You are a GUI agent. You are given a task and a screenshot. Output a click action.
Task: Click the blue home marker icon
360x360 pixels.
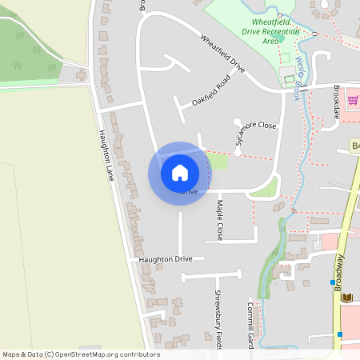(x=180, y=172)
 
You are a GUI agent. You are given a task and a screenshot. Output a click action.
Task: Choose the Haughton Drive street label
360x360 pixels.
(x=166, y=259)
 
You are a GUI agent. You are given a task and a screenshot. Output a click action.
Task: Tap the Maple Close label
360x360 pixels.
(x=219, y=220)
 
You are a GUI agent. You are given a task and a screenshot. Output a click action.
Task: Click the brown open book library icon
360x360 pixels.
(x=346, y=298)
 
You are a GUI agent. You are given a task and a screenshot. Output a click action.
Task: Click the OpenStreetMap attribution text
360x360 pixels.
(x=81, y=354)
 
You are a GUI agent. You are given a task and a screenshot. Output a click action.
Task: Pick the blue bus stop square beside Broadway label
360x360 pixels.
(x=333, y=282)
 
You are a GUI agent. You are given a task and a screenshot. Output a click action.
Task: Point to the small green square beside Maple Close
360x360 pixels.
(x=218, y=162)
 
